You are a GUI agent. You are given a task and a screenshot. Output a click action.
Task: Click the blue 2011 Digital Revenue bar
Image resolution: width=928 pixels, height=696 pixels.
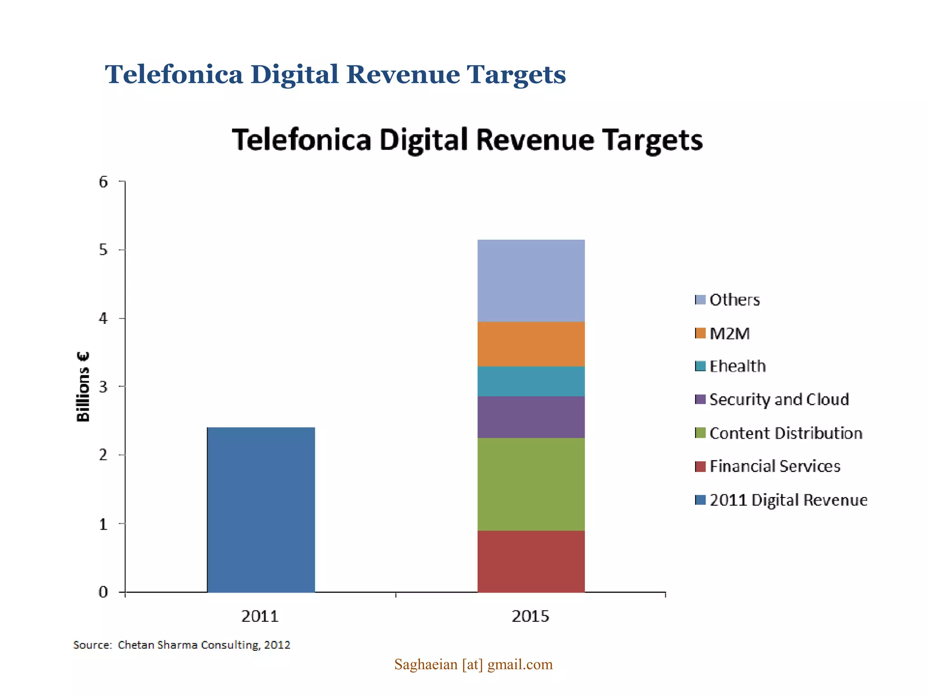click(261, 509)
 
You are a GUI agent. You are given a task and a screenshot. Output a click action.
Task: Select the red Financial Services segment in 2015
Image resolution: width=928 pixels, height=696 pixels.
click(531, 561)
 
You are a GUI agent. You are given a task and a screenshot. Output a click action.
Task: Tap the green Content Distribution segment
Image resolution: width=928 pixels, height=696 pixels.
click(531, 484)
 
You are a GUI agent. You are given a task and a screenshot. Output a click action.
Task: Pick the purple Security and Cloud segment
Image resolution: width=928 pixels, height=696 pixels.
click(531, 417)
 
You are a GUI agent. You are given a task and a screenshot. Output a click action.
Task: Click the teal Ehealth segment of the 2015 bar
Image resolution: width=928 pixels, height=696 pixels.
click(531, 381)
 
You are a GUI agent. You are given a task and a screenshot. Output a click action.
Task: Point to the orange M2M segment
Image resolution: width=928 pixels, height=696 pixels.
click(531, 344)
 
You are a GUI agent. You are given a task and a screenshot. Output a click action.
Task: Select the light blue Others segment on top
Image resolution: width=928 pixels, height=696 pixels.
click(531, 280)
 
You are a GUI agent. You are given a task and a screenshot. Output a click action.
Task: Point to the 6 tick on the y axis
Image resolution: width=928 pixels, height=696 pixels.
click(104, 182)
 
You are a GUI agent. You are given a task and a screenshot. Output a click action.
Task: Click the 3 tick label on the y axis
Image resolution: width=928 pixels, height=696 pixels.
click(104, 387)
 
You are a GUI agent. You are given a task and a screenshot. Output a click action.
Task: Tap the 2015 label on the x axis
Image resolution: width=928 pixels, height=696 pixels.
click(530, 616)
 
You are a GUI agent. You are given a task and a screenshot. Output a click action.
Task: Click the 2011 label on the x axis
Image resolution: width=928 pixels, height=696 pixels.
click(260, 616)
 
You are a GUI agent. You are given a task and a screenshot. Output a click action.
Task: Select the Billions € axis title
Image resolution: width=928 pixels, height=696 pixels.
click(83, 387)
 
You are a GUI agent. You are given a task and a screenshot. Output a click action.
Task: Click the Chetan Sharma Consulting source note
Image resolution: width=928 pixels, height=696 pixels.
click(182, 645)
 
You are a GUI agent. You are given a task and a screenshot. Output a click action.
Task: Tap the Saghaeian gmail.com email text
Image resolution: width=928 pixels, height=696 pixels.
click(473, 664)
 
